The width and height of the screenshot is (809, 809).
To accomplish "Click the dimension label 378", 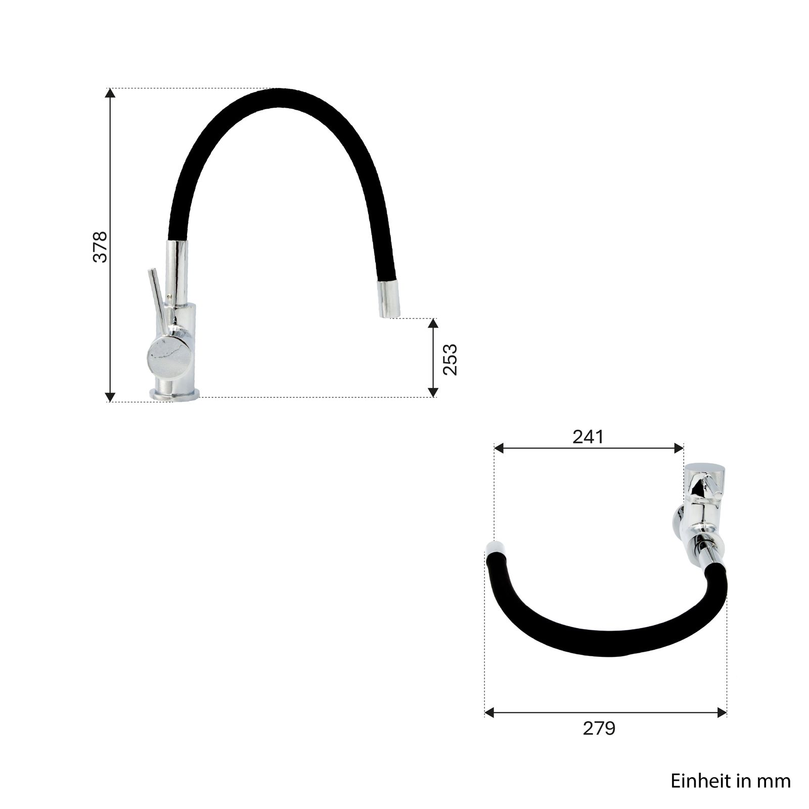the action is point(100,247).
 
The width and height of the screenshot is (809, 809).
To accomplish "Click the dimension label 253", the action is point(450,359).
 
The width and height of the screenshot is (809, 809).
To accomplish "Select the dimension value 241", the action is point(588,437).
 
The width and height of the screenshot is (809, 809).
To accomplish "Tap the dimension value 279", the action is point(599,729).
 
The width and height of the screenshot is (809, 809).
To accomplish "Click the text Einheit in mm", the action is point(731,781).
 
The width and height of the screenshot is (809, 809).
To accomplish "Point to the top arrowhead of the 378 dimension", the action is point(110,94).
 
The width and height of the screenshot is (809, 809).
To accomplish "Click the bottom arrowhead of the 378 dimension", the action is point(110,397).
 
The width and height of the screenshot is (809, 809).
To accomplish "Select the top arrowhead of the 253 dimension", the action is point(433,324).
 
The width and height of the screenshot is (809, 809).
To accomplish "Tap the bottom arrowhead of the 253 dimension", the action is point(433,392).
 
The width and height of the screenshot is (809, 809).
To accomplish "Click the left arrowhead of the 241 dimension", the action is point(500,448).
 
